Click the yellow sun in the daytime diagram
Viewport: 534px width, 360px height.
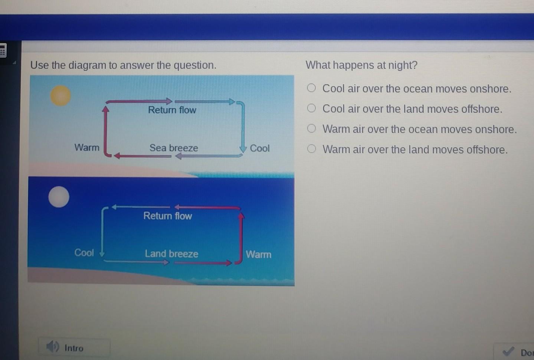tap(60, 96)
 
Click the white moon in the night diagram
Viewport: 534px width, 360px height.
tap(59, 197)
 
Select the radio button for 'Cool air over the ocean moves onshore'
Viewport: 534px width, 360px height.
tap(311, 88)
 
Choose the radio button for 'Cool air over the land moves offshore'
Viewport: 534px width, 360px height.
tap(311, 108)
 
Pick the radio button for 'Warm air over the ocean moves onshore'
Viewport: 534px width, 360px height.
tap(311, 128)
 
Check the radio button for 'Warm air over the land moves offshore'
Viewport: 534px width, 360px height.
tap(311, 149)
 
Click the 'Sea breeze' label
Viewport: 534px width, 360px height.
tap(174, 148)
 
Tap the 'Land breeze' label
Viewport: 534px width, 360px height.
tap(172, 253)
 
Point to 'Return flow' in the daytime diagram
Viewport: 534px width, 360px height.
tap(172, 110)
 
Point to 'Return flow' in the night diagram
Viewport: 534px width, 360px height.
tap(168, 216)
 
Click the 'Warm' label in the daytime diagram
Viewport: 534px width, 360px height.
tap(87, 148)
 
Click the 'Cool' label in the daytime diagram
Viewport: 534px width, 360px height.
tap(260, 148)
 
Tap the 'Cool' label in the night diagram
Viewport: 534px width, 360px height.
tap(84, 252)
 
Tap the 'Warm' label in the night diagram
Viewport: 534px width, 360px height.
tap(259, 254)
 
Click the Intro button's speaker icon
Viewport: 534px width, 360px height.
tap(53, 346)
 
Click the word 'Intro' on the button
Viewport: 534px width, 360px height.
tap(74, 348)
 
